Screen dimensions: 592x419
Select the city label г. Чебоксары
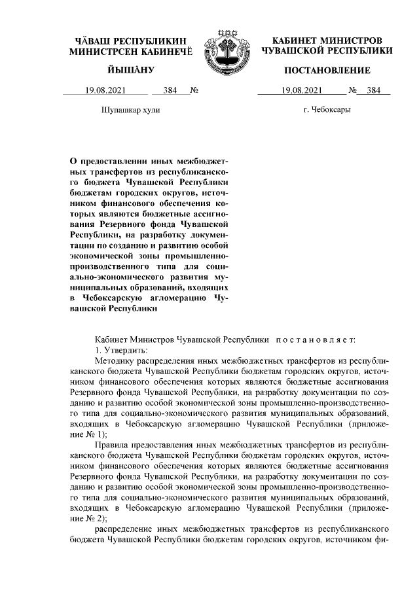coord(327,110)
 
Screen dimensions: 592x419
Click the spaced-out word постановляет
coord(314,340)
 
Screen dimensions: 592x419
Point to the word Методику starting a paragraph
coord(113,360)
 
